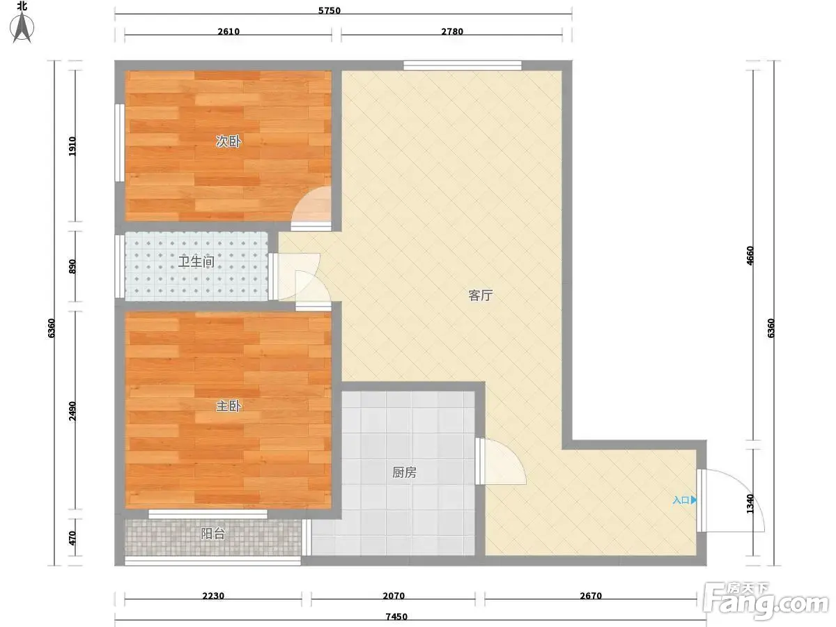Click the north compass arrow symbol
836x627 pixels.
[22, 26]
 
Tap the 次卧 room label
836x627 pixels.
[228, 141]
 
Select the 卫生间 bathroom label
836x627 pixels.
[196, 261]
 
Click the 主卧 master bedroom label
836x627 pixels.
[228, 406]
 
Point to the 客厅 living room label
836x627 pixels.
[480, 295]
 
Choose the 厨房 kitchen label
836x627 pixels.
[404, 472]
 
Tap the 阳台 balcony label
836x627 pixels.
[212, 534]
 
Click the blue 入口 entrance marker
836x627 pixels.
[684, 500]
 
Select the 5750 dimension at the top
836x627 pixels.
[330, 10]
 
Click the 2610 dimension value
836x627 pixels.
[229, 31]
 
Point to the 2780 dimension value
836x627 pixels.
[452, 31]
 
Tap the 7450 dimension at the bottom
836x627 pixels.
[396, 617]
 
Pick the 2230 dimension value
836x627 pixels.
[213, 596]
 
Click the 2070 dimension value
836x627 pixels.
[394, 596]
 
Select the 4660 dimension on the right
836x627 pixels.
[750, 256]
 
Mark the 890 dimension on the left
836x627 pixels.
[72, 267]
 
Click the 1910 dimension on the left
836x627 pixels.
[72, 146]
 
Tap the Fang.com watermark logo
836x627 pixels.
[766, 601]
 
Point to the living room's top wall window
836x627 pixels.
[463, 65]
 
